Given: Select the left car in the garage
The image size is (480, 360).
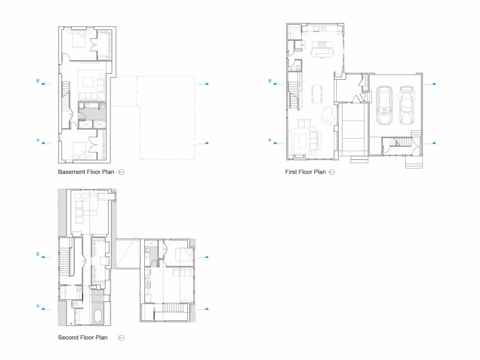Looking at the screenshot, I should (x=384, y=105).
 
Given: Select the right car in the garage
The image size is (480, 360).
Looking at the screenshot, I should (x=406, y=105).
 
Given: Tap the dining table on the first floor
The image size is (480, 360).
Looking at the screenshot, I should (x=317, y=93).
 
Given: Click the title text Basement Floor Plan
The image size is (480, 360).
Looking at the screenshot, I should (x=86, y=172).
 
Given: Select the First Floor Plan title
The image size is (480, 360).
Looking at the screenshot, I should (x=305, y=172).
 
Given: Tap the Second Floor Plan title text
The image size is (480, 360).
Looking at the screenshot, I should (x=82, y=337).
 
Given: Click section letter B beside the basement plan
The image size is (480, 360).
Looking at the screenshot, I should (x=38, y=81).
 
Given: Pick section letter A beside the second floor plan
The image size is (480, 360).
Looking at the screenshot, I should (x=38, y=306).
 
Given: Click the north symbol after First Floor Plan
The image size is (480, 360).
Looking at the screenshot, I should (x=332, y=172).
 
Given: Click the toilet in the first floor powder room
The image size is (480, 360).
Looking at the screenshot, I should (x=298, y=68).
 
